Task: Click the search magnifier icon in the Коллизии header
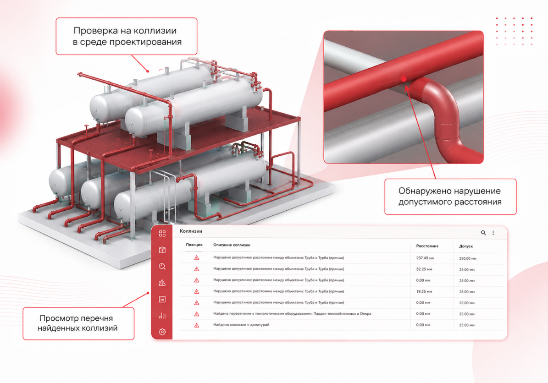point(483,233)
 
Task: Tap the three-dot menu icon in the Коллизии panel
point(493,233)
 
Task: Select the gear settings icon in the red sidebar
point(162,332)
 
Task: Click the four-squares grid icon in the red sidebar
point(162,233)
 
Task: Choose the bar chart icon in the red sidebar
point(162,316)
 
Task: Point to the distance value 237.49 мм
point(425,258)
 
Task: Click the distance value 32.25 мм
point(424,269)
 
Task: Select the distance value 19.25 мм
point(424,291)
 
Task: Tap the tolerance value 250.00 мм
point(468,259)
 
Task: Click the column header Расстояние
point(427,246)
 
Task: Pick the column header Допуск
point(466,246)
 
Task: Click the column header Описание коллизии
point(232,245)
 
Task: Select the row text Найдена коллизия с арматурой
point(241,325)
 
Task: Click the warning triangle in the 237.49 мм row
point(197,257)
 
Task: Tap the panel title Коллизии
point(191,231)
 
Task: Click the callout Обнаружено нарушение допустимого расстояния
point(450,197)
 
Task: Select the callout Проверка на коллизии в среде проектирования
point(127,36)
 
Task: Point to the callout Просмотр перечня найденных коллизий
point(78,323)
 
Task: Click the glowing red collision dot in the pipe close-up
point(404,79)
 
